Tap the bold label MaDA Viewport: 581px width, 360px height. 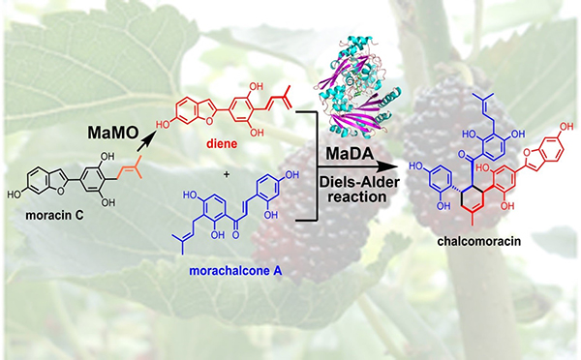click(350, 154)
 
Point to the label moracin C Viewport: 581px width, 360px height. click(54, 215)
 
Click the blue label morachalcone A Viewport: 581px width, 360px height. click(235, 271)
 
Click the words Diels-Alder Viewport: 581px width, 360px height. click(358, 182)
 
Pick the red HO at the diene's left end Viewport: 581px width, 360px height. click(163, 125)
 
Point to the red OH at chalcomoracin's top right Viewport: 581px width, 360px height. click(566, 127)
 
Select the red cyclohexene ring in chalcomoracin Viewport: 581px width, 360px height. click(473, 200)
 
